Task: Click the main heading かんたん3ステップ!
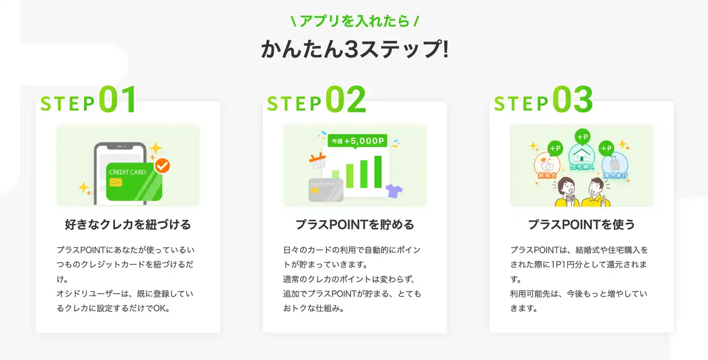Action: pyautogui.click(x=355, y=49)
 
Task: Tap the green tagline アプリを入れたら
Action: pyautogui.click(x=355, y=21)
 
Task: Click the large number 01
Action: pyautogui.click(x=118, y=99)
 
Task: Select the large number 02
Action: pyautogui.click(x=346, y=99)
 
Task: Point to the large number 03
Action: pyautogui.click(x=572, y=99)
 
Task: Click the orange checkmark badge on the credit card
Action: pyautogui.click(x=162, y=165)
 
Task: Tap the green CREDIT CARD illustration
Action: pyautogui.click(x=134, y=182)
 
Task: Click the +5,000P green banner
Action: pyautogui.click(x=357, y=140)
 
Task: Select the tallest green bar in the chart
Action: pyautogui.click(x=378, y=172)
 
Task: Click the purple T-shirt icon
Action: pyautogui.click(x=394, y=191)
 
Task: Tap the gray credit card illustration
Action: pyautogui.click(x=326, y=190)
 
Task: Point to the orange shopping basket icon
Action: pyautogui.click(x=317, y=160)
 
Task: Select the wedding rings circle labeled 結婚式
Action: pyautogui.click(x=547, y=165)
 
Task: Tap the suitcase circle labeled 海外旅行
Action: pyautogui.click(x=615, y=165)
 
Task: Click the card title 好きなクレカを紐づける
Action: pyautogui.click(x=128, y=225)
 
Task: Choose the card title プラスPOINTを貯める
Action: pyautogui.click(x=355, y=225)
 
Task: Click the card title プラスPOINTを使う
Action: pyautogui.click(x=581, y=225)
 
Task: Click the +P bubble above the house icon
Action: pyautogui.click(x=582, y=137)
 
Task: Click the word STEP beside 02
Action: pyautogui.click(x=294, y=103)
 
